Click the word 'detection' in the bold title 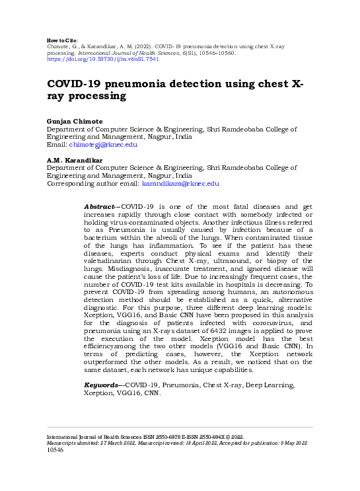[219, 85]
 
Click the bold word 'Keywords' [102, 385]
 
